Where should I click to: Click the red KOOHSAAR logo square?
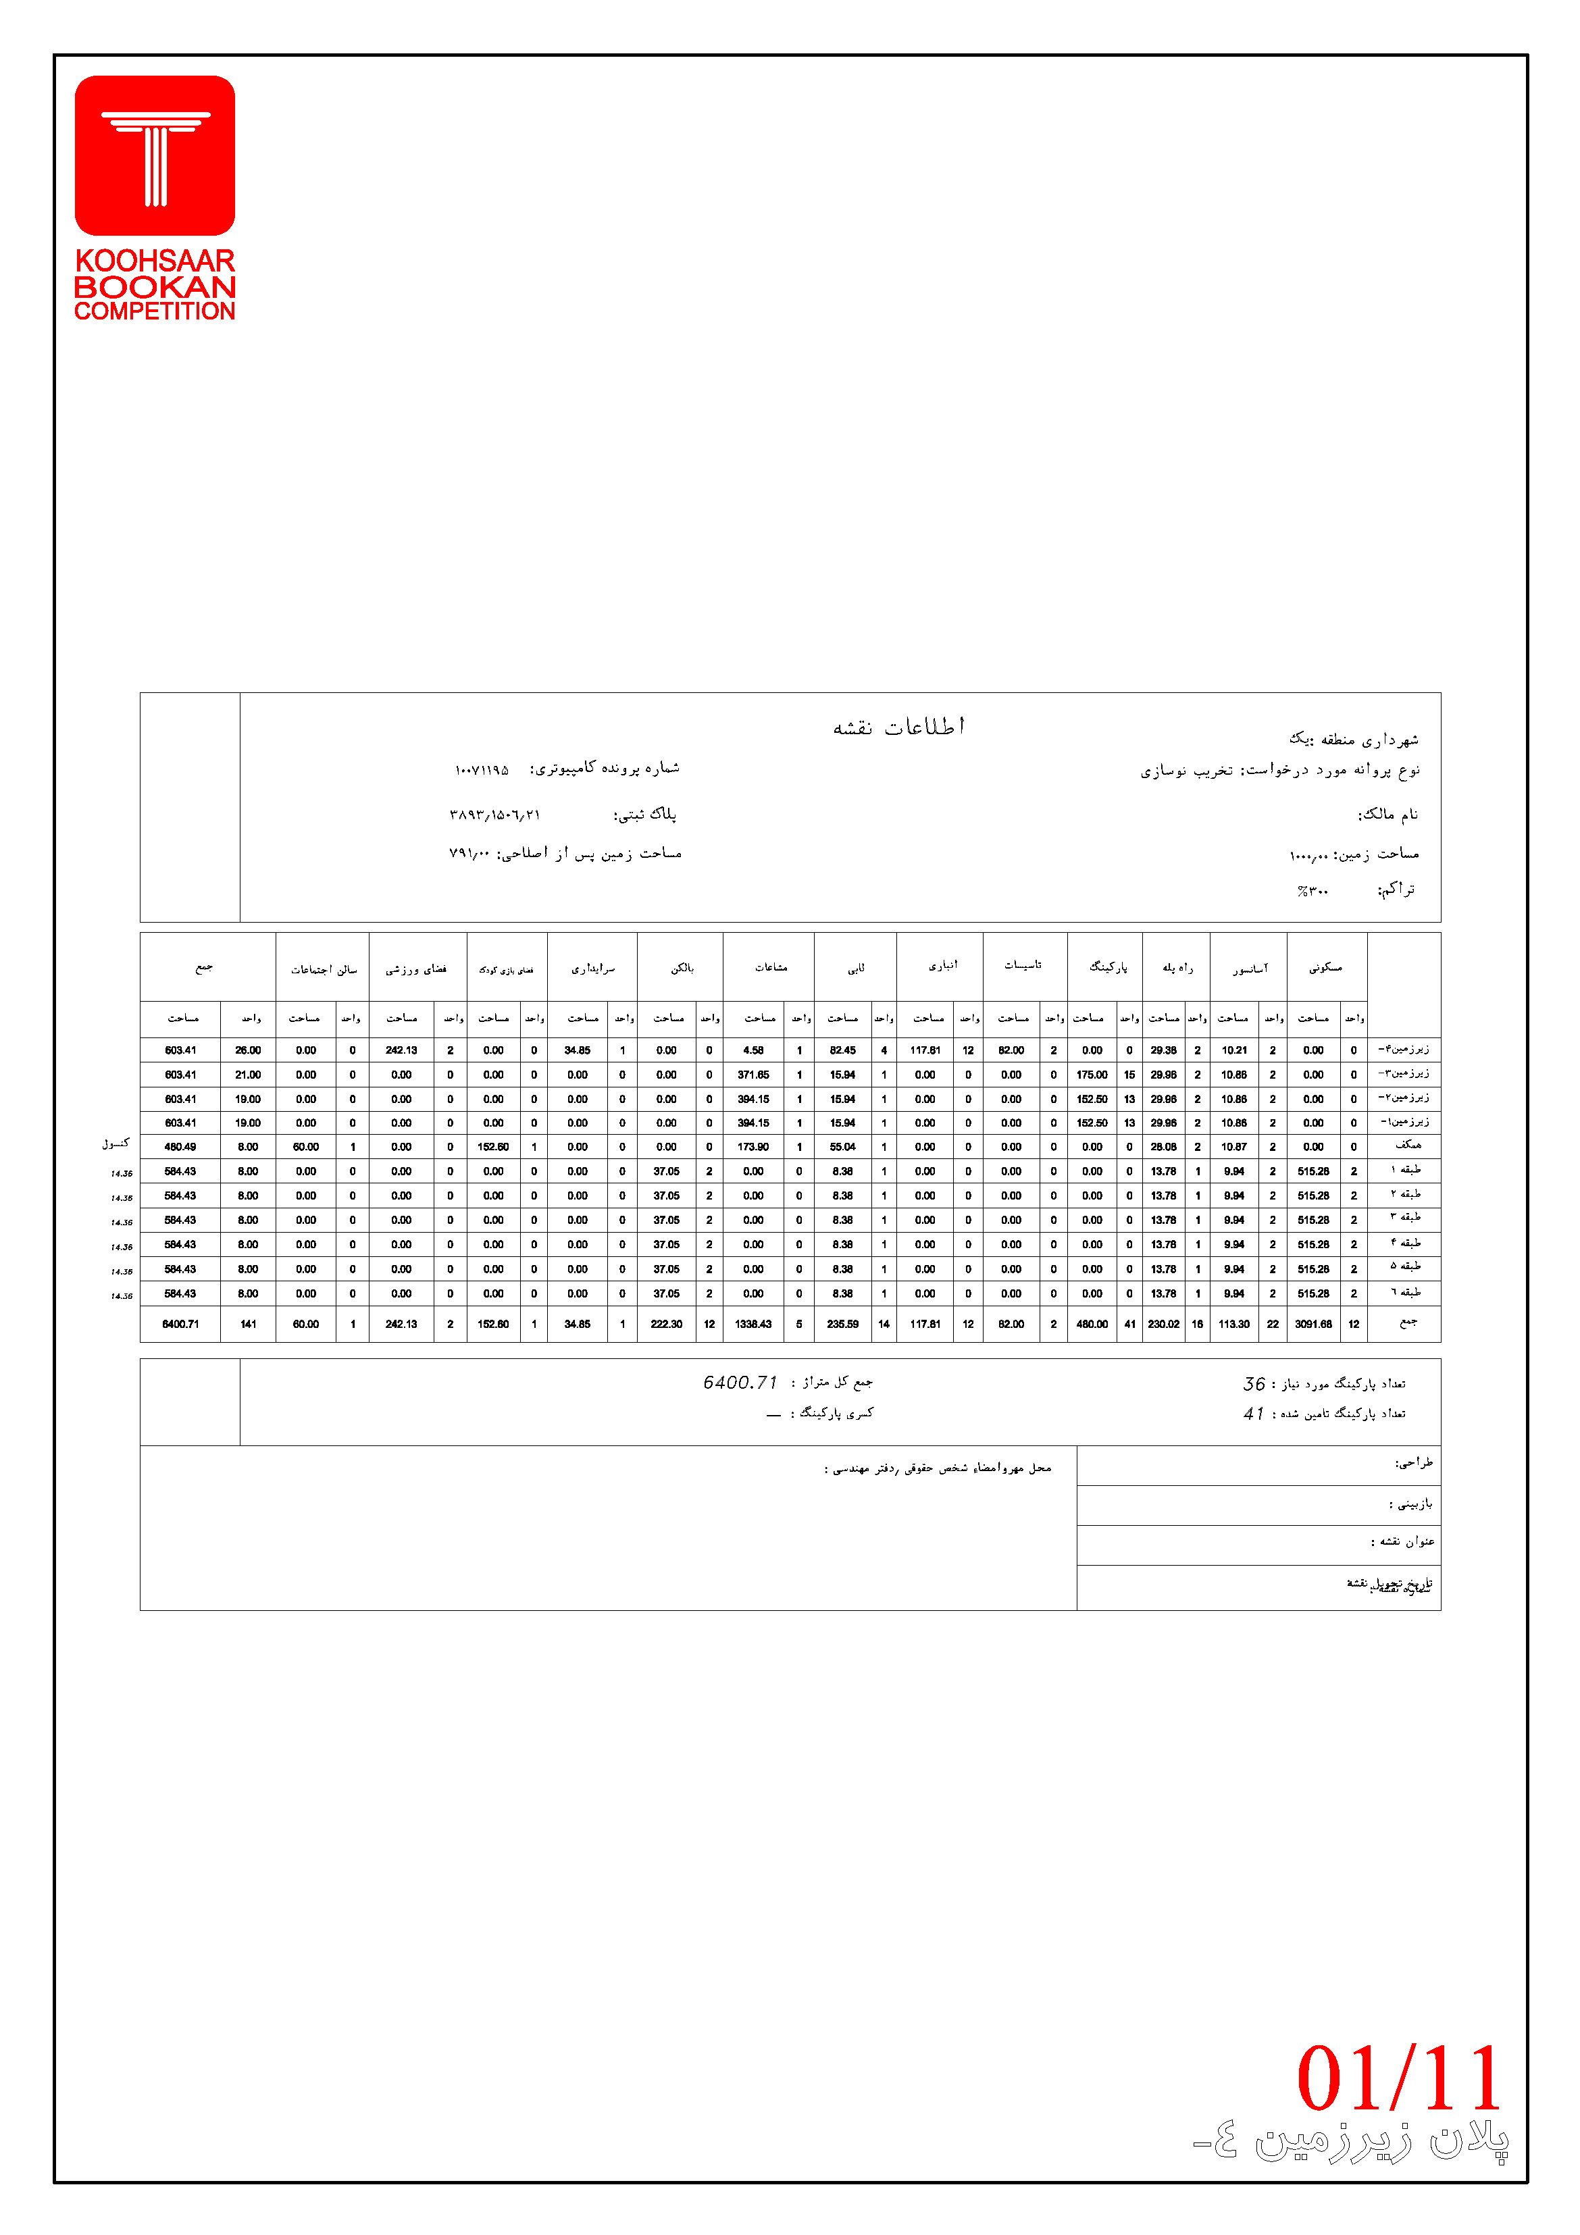point(155,156)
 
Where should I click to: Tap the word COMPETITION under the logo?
point(155,311)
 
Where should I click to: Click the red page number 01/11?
point(1399,2078)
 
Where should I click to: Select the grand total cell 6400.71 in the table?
point(180,1324)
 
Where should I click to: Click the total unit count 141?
point(248,1324)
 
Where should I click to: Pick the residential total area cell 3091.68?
point(1313,1324)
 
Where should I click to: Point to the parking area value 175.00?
point(1092,1075)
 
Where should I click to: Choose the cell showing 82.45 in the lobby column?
point(842,1050)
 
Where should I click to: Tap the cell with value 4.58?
point(753,1050)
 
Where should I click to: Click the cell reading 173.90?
point(753,1147)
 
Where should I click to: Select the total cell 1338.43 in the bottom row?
point(753,1324)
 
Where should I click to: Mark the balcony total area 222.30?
point(666,1324)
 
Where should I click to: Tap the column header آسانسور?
point(1250,969)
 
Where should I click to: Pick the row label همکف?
point(1408,1146)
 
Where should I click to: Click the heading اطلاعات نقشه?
point(898,727)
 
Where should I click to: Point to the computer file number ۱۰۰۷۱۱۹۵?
point(482,770)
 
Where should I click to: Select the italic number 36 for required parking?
point(1253,1383)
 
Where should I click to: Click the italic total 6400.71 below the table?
point(740,1383)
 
